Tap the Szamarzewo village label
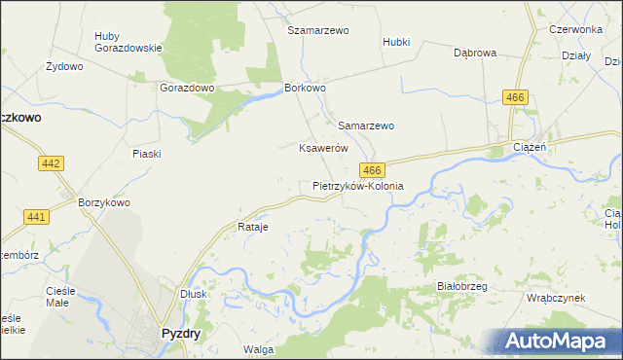(317, 30)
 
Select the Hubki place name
(396, 43)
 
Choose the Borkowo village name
(305, 87)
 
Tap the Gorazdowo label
(186, 87)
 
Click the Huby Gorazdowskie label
(121, 43)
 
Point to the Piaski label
(146, 154)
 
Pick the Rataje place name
(252, 227)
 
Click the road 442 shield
(52, 164)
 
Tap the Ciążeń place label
(533, 148)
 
